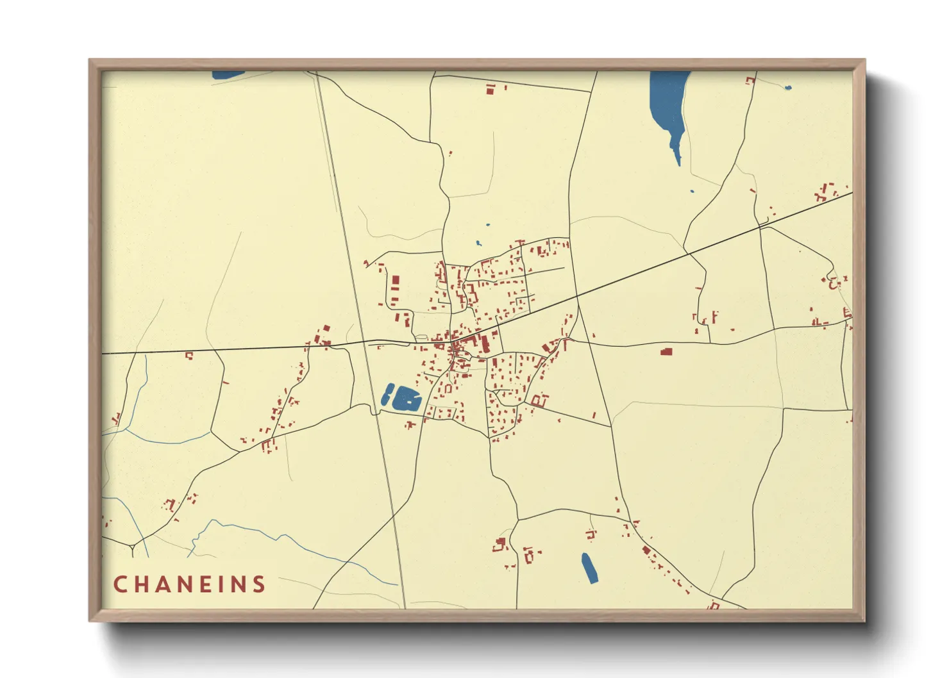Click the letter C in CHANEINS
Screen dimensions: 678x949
[x=120, y=584]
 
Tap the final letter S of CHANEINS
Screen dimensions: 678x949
[x=259, y=584]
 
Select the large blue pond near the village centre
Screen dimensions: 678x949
[x=406, y=399]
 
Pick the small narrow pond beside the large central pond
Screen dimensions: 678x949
[x=387, y=394]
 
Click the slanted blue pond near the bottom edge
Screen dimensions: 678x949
[x=589, y=568]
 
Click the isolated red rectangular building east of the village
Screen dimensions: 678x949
[x=666, y=351]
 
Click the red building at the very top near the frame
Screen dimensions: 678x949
[x=491, y=90]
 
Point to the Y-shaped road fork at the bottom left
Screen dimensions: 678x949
[x=131, y=547]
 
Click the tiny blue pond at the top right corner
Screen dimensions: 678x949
[x=788, y=87]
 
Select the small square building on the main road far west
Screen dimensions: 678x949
[x=189, y=355]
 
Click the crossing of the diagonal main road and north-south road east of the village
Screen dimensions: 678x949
[x=577, y=296]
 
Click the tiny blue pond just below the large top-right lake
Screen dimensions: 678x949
[x=691, y=191]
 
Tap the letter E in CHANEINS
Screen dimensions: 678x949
[x=206, y=584]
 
